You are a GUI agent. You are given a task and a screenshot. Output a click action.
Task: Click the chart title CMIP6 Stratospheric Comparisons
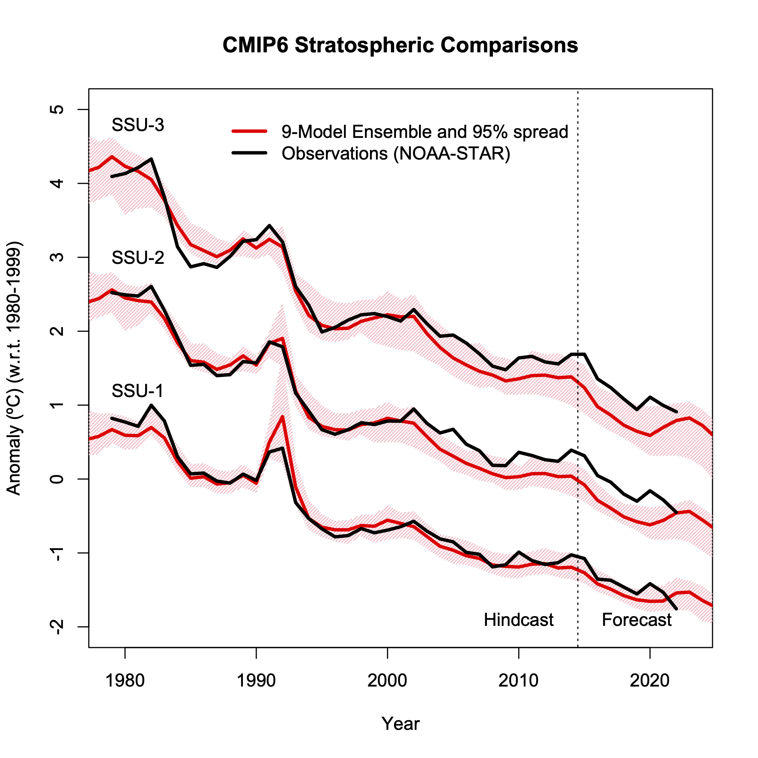400,45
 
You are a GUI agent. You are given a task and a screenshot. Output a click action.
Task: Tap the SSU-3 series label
138,125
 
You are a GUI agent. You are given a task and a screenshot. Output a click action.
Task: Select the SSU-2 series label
138,258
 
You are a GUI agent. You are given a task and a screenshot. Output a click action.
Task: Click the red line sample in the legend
249,131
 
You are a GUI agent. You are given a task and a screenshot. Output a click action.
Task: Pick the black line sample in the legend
249,153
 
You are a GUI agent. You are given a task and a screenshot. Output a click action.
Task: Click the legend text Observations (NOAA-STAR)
396,153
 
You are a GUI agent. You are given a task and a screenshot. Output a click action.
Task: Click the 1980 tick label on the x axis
125,681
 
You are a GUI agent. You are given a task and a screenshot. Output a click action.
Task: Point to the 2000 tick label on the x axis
387,681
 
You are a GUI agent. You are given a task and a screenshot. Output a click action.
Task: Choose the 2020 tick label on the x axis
650,681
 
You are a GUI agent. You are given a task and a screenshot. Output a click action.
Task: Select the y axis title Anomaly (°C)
14,369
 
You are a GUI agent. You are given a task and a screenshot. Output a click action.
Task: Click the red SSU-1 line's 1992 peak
283,417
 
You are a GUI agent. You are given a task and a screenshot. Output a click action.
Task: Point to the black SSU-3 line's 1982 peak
152,159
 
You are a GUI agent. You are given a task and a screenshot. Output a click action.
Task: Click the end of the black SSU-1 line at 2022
676,609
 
